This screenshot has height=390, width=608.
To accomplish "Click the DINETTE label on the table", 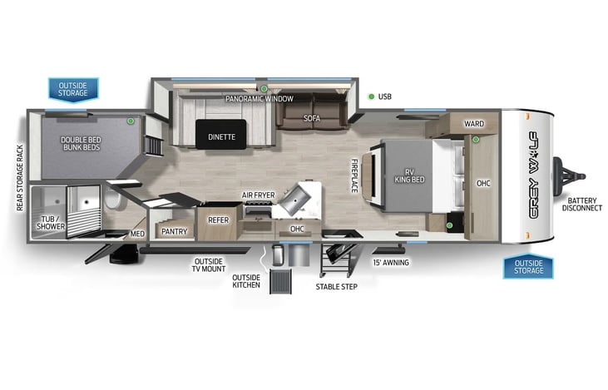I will point(221,136).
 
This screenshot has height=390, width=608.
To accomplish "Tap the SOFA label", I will point(312,118).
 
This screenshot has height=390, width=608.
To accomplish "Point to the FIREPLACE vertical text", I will point(354,175).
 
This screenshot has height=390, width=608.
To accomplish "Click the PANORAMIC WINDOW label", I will point(260,99).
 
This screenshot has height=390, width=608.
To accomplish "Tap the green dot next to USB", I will point(370,96).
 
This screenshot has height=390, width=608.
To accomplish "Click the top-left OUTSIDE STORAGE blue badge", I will point(72,87).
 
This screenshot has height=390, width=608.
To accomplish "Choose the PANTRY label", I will point(174,231).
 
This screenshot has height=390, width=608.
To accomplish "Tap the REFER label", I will point(218,220).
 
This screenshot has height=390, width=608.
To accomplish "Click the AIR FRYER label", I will point(258,195).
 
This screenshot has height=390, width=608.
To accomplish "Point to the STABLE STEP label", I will point(336,287).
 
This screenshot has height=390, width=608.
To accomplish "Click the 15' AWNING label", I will point(391,263).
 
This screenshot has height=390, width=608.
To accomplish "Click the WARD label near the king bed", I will point(474,124).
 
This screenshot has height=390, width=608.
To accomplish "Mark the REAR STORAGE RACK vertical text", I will point(20,178).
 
